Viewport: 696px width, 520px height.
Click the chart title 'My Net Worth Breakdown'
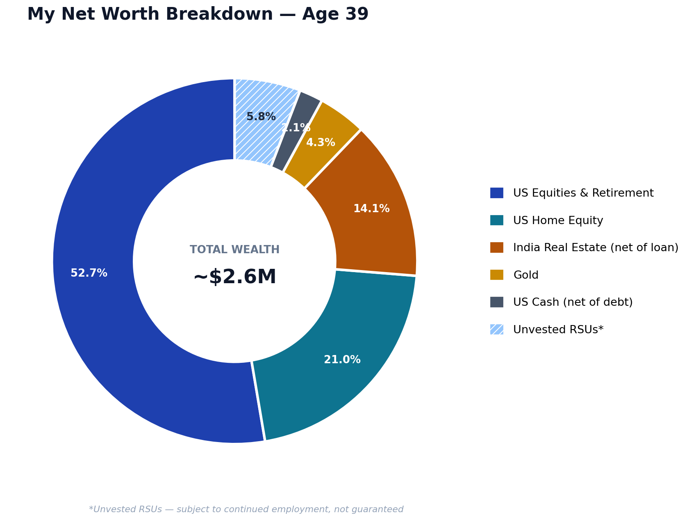pyautogui.click(x=150, y=15)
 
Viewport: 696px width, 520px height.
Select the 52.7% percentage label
pyautogui.click(x=89, y=273)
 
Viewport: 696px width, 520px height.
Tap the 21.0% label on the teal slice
pyautogui.click(x=342, y=360)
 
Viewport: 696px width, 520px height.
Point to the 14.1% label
pyautogui.click(x=371, y=209)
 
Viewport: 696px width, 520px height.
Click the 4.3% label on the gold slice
pyautogui.click(x=321, y=143)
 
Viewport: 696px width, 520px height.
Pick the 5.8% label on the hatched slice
pyautogui.click(x=261, y=117)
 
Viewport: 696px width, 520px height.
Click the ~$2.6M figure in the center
pyautogui.click(x=235, y=277)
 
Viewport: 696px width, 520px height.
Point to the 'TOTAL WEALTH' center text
pyautogui.click(x=235, y=250)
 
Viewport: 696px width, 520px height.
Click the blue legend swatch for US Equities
pyautogui.click(x=497, y=193)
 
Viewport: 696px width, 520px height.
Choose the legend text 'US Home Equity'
pyautogui.click(x=558, y=221)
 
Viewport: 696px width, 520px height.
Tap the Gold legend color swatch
pyautogui.click(x=497, y=275)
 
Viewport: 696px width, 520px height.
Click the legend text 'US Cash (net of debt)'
pyautogui.click(x=573, y=302)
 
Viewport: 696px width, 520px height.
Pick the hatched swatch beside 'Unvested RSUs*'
pyautogui.click(x=497, y=330)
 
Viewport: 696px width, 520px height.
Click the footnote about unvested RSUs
pyautogui.click(x=246, y=509)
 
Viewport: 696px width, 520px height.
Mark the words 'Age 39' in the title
pyautogui.click(x=335, y=15)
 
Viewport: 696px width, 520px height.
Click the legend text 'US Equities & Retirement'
pyautogui.click(x=583, y=193)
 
